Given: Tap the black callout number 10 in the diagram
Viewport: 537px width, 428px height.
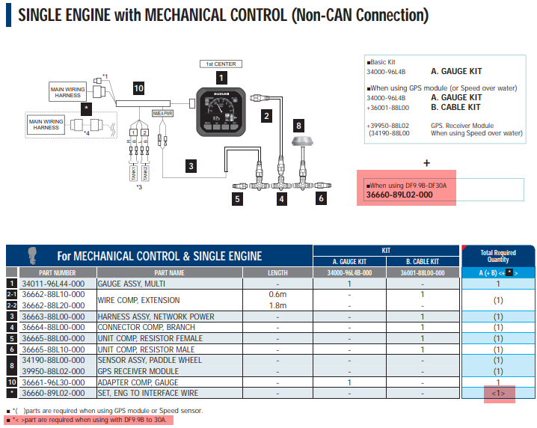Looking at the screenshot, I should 138,88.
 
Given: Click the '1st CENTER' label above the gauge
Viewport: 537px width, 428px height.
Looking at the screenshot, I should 220,64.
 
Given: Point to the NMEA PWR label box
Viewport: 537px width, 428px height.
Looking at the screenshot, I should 162,114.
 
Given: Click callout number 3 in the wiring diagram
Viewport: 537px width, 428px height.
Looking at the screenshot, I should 191,165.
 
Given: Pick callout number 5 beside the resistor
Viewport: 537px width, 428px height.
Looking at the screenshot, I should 237,199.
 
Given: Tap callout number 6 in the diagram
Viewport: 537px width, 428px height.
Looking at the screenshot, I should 321,199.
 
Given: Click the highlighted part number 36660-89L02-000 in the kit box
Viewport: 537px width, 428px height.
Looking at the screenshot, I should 399,195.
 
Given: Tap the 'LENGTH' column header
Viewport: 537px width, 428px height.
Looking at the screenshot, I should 277,273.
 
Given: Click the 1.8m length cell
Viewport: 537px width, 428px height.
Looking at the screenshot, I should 277,305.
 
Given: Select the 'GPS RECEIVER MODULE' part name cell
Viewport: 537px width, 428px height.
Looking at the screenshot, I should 141,371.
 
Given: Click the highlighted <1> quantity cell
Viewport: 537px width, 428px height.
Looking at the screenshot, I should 499,393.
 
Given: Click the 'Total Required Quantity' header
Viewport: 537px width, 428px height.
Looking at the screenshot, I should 499,257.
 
